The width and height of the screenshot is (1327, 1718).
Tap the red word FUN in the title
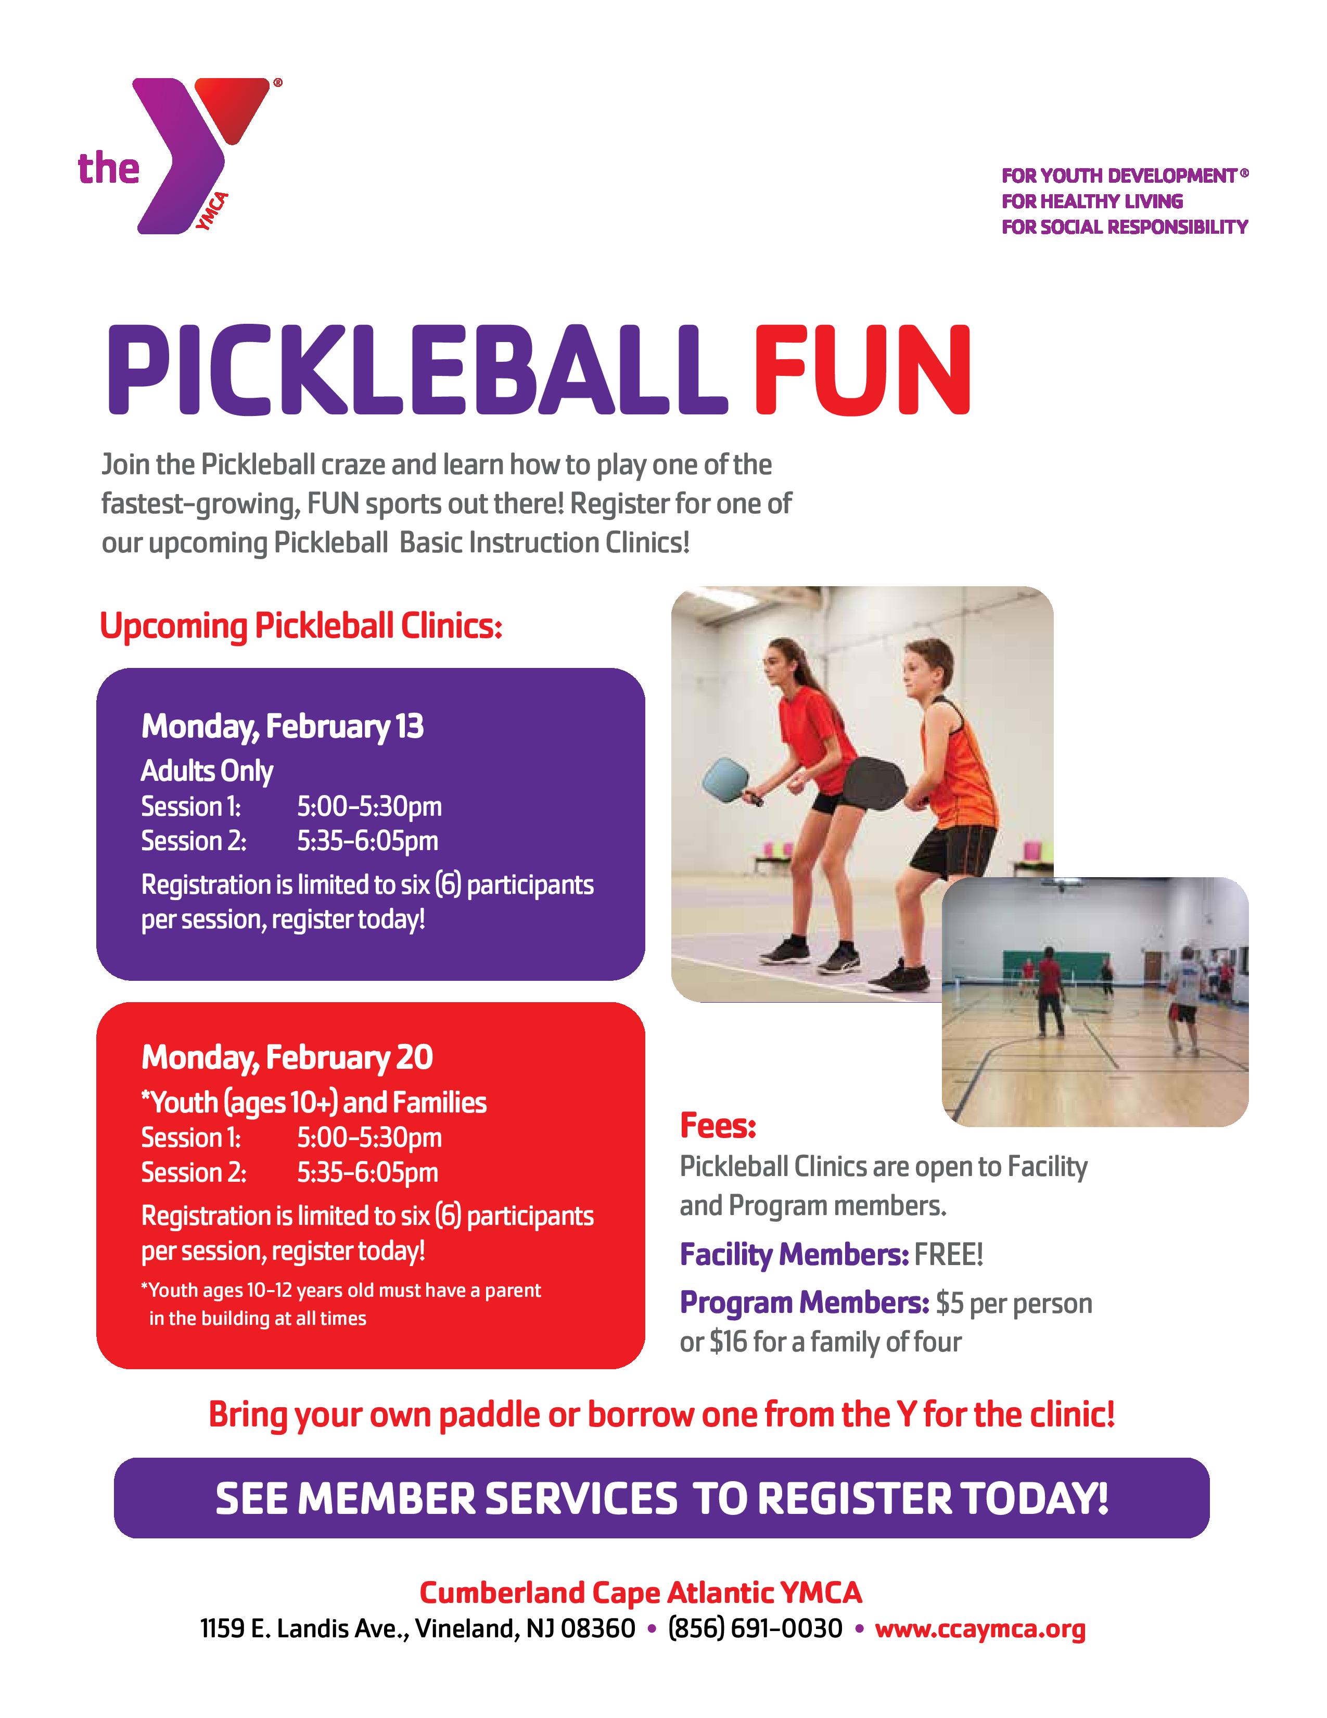[862, 370]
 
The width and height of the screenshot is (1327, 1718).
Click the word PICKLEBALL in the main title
[417, 370]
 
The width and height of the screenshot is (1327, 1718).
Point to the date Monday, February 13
[282, 726]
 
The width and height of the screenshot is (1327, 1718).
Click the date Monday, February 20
[287, 1057]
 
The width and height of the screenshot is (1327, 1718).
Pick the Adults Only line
[207, 771]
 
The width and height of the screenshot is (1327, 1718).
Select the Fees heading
[718, 1126]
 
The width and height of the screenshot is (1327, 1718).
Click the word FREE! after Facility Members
[949, 1255]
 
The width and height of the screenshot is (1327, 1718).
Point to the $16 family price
[728, 1341]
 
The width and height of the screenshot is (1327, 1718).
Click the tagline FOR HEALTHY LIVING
[1092, 201]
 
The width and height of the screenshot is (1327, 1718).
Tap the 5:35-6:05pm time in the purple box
[367, 841]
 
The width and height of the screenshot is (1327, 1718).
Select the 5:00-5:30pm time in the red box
[369, 1138]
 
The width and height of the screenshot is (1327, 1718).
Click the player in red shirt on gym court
[1049, 992]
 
